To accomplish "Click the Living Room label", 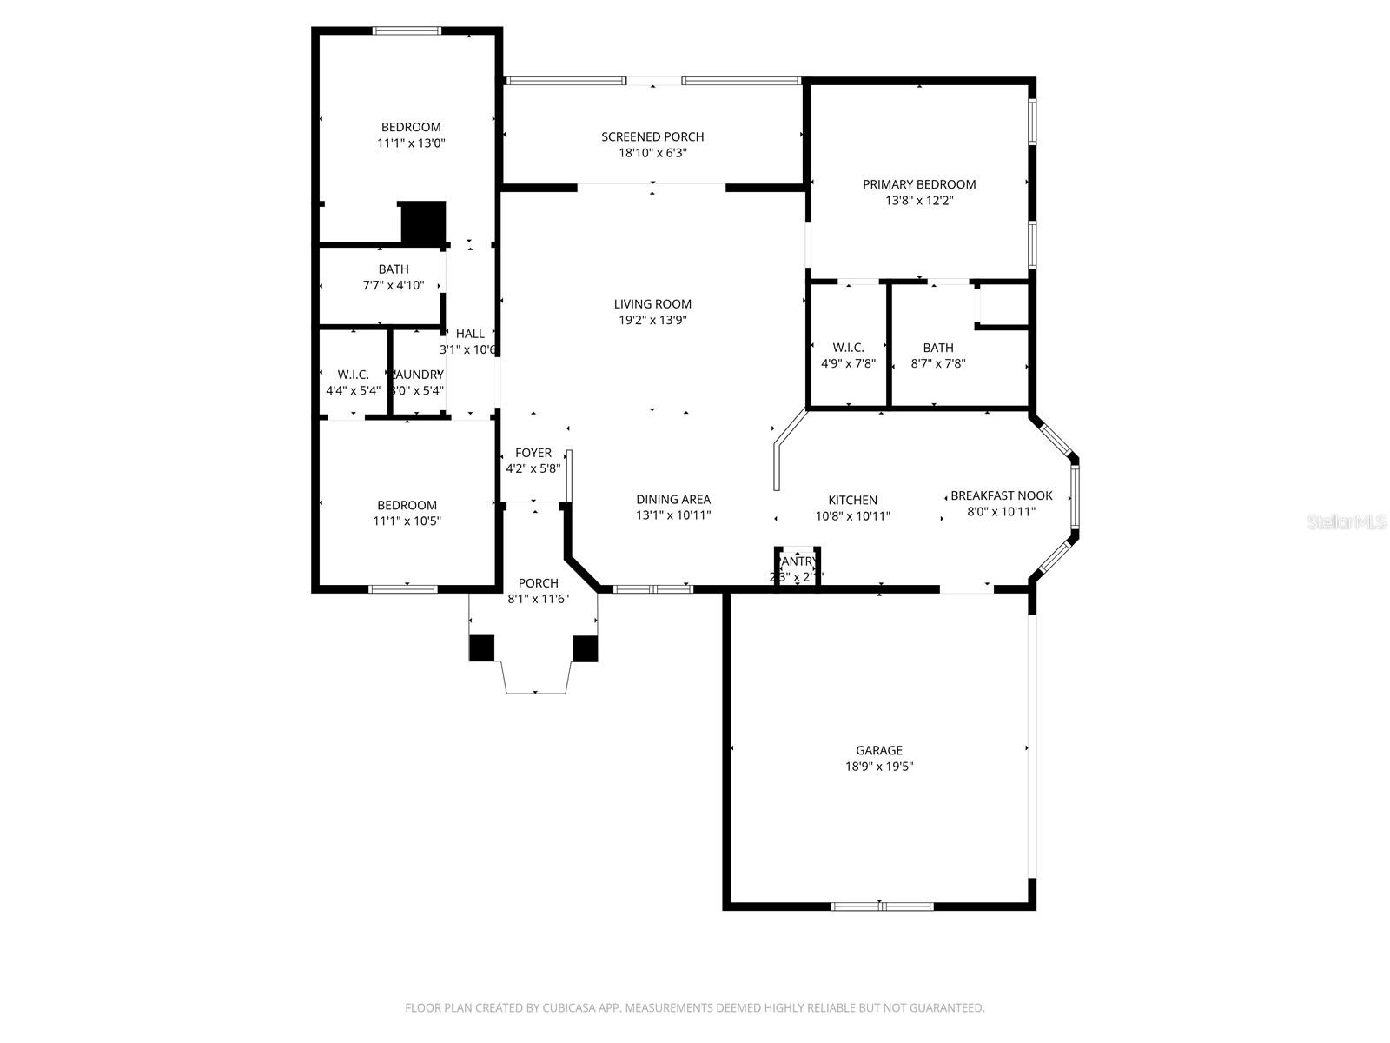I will pyautogui.click(x=652, y=304).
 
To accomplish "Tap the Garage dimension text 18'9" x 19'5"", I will pyautogui.click(x=879, y=767).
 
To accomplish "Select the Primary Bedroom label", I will pyautogui.click(x=919, y=184).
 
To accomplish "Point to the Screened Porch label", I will pyautogui.click(x=652, y=136).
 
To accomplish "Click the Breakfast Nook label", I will pyautogui.click(x=1001, y=495).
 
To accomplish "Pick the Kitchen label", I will pyautogui.click(x=852, y=500).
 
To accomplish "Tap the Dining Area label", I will pyautogui.click(x=673, y=499).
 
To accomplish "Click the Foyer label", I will pyautogui.click(x=533, y=453).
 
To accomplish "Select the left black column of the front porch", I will pyautogui.click(x=482, y=648).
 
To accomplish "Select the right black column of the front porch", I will pyautogui.click(x=586, y=648).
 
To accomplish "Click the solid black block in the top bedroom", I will pyautogui.click(x=423, y=223).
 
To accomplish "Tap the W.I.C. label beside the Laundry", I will pyautogui.click(x=354, y=375).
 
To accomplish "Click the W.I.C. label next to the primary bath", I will pyautogui.click(x=848, y=348).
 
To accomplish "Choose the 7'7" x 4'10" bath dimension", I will pyautogui.click(x=394, y=285).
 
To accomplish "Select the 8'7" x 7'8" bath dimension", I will pyautogui.click(x=938, y=363).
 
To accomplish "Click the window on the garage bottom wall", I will pyautogui.click(x=882, y=907).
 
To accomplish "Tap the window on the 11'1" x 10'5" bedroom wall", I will pyautogui.click(x=403, y=589).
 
